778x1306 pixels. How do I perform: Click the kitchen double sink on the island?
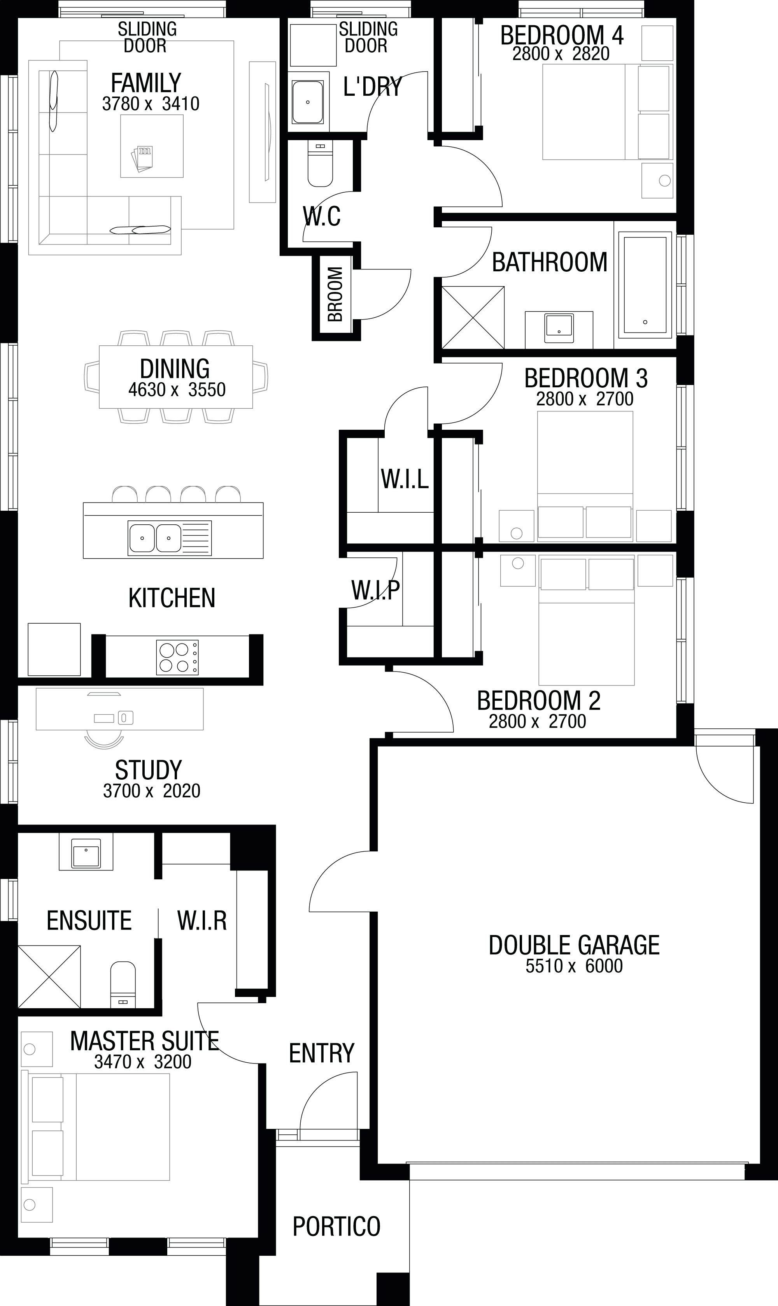click(x=169, y=538)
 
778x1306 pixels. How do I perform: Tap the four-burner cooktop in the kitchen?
click(x=177, y=657)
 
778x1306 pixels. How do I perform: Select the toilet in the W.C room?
click(x=320, y=163)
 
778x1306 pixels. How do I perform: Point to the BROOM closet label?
click(x=335, y=294)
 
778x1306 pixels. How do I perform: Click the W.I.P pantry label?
click(x=375, y=590)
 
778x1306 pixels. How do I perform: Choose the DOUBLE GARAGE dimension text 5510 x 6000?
click(x=574, y=966)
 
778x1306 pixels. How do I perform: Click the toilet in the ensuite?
click(x=123, y=984)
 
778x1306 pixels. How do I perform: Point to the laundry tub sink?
click(x=308, y=102)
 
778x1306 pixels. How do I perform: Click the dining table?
click(x=175, y=376)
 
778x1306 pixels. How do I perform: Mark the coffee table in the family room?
click(x=152, y=146)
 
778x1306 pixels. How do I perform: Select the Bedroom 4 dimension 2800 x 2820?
click(x=561, y=53)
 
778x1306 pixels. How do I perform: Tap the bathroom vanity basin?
click(x=559, y=328)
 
